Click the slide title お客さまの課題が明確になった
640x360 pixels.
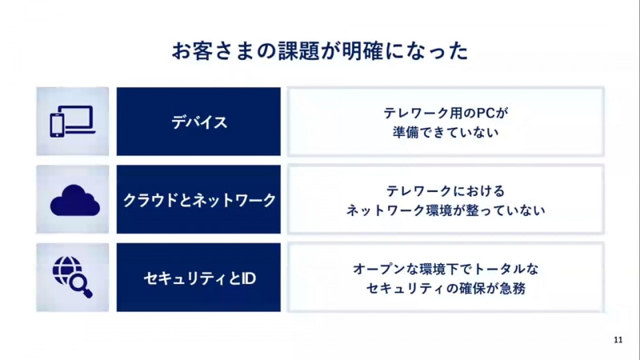pos(319,51)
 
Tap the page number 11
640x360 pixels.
pos(618,339)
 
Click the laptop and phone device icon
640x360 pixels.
pos(73,122)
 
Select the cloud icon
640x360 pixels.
pos(75,200)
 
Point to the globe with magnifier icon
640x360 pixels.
pos(73,277)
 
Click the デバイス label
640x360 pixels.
pos(198,122)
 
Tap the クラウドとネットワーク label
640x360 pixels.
pos(199,200)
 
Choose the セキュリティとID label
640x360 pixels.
pos(199,278)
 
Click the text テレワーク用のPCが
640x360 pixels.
pos(446,113)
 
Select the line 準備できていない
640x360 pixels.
pos(446,132)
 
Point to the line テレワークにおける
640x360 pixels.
pos(446,191)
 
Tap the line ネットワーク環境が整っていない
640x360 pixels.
pos(446,210)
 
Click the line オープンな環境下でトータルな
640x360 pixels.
pos(446,269)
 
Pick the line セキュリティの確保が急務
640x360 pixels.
pos(446,289)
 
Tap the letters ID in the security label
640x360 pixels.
pos(248,278)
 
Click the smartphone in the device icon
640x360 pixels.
pos(57,125)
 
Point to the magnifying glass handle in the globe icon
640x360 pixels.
pos(87,293)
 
